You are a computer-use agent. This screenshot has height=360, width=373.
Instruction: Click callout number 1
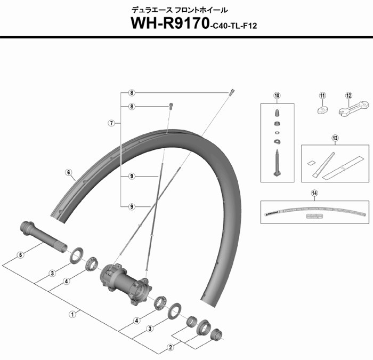(72, 314)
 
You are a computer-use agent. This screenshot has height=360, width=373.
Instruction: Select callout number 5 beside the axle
(21, 255)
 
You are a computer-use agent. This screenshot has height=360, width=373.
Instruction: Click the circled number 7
(111, 123)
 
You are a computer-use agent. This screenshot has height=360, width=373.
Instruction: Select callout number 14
(314, 194)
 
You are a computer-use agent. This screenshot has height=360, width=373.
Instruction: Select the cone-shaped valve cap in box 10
(277, 113)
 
